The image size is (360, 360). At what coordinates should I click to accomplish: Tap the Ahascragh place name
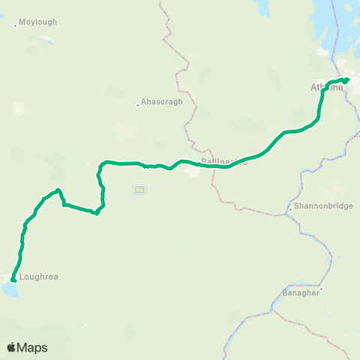pos(159,103)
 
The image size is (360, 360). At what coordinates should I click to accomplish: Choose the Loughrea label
pos(39,276)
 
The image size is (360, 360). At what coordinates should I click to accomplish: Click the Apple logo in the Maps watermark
pos(12,347)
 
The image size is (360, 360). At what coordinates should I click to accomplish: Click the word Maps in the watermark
pos(33,347)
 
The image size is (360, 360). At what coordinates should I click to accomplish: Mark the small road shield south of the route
pos(139,189)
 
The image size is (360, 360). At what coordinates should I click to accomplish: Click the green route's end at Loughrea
pos(13,280)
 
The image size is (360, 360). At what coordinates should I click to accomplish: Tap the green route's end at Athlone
pos(347,79)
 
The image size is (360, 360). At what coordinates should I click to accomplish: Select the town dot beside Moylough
pos(16,26)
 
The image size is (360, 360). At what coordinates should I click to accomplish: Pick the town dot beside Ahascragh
pos(138,104)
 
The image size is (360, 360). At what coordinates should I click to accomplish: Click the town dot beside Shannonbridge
pos(291,209)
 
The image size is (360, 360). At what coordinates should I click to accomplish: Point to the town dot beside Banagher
pos(321,289)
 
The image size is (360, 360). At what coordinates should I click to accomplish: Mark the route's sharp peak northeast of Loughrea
pos(58,190)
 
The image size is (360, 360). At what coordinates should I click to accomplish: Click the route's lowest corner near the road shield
pos(97,213)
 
